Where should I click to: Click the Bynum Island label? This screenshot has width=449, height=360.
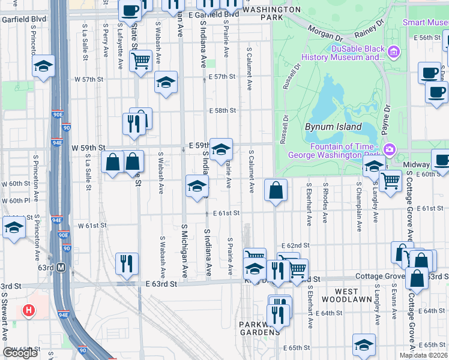(333, 127)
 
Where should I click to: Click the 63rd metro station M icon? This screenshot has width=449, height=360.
(61, 268)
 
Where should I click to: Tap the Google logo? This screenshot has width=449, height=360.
(20, 353)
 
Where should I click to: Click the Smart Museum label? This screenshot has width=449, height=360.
(425, 23)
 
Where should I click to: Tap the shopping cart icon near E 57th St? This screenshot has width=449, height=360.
(140, 60)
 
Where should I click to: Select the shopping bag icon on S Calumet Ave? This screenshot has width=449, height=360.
(275, 190)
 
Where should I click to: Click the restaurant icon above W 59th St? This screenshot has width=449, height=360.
(133, 123)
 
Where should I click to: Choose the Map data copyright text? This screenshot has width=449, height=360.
(423, 355)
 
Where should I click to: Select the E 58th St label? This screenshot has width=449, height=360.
(222, 110)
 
